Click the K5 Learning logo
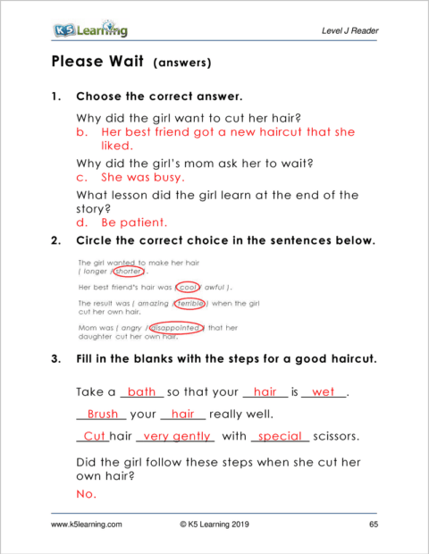coord(89,30)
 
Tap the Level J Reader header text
coord(349,31)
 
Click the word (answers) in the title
coord(183,63)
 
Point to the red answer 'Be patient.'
coord(133,222)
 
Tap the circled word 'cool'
coord(187,288)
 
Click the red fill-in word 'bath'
coord(141,391)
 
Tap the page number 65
coord(374,526)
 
